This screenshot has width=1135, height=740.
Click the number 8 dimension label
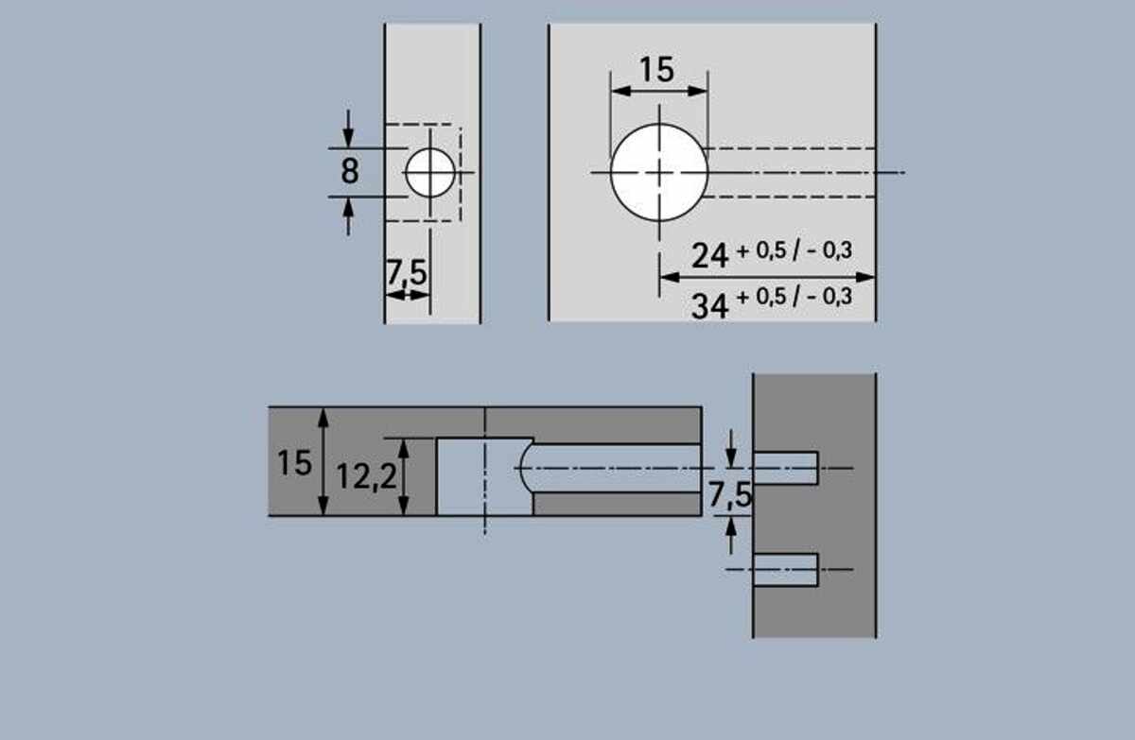(350, 170)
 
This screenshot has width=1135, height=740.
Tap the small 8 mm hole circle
(430, 173)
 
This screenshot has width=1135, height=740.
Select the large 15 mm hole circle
(659, 173)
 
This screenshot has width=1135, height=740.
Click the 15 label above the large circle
(656, 69)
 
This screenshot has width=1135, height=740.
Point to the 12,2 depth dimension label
(366, 477)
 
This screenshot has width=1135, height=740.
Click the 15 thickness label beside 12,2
(294, 463)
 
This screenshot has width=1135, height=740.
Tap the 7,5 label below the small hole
(407, 273)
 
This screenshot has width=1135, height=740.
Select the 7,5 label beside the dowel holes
(729, 494)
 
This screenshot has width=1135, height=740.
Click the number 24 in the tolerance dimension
(710, 255)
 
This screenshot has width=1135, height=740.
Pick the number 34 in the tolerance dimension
(710, 306)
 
